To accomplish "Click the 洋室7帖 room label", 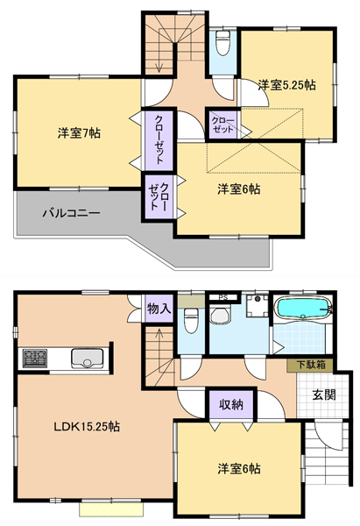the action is pyautogui.click(x=79, y=133).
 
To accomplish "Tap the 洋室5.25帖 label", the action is pyautogui.click(x=286, y=85).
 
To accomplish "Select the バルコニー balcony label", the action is pyautogui.click(x=71, y=213).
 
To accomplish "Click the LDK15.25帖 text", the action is pyautogui.click(x=87, y=427).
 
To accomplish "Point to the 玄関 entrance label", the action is pyautogui.click(x=324, y=394).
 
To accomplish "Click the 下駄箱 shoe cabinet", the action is pyautogui.click(x=310, y=365).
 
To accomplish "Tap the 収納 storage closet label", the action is pyautogui.click(x=231, y=405).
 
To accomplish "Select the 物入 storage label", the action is pyautogui.click(x=159, y=309).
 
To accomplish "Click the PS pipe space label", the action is pyautogui.click(x=222, y=297).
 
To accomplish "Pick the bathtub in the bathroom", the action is pyautogui.click(x=303, y=308).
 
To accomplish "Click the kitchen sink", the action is pyautogui.click(x=87, y=359).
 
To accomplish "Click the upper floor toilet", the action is pyautogui.click(x=222, y=43).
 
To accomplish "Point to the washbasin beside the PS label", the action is pyautogui.click(x=220, y=315).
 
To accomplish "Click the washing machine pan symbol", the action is pyautogui.click(x=258, y=306).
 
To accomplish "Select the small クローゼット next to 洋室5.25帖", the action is pyautogui.click(x=222, y=124).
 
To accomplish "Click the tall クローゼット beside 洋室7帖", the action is pyautogui.click(x=159, y=140).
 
